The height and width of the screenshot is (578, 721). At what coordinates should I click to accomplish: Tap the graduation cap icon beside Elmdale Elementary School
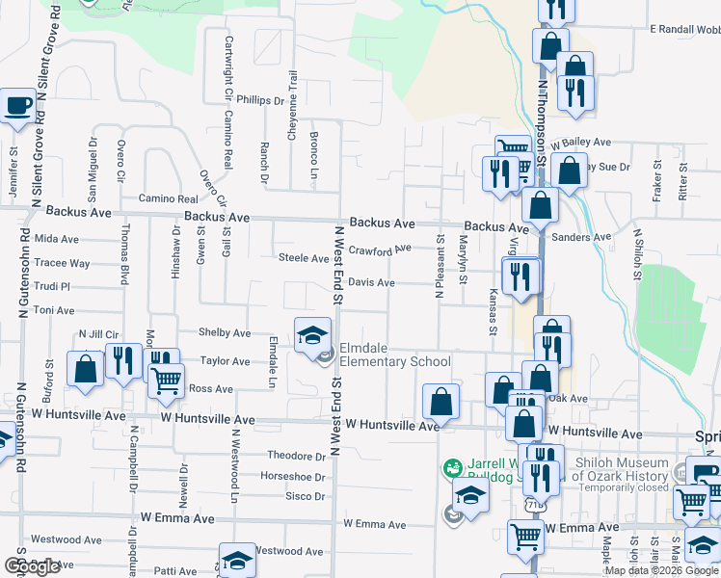coord(311,336)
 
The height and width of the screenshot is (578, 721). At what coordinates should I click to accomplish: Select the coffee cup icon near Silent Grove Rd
coord(18,105)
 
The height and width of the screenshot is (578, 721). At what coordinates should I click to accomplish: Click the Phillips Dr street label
coord(261,99)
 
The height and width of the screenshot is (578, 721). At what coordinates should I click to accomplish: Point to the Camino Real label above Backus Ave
coord(167,197)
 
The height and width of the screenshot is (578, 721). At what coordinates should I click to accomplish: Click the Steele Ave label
coord(304,258)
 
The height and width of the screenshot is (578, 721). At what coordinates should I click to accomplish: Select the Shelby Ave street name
coord(225,332)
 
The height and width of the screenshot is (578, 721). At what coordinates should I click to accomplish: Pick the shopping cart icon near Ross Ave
coord(166,381)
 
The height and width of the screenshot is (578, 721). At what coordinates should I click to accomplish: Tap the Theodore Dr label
coord(296,456)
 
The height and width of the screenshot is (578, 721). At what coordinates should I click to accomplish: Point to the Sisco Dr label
coord(305,496)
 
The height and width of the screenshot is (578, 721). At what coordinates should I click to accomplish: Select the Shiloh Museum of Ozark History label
coord(621,469)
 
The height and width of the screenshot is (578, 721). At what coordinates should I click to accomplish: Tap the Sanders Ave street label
coord(583,237)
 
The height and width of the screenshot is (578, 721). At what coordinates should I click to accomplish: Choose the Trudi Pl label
coord(52,286)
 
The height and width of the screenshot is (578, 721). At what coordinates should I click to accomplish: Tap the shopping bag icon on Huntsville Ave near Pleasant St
coord(441,402)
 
